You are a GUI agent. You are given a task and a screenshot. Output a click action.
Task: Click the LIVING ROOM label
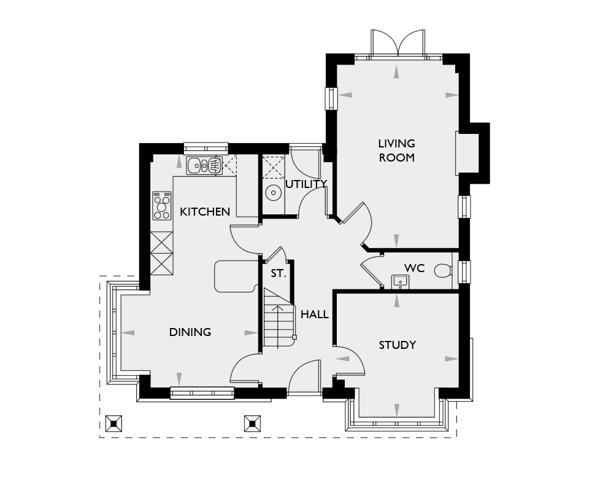pyautogui.click(x=396, y=150)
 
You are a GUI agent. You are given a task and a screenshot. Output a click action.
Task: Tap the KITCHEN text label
pyautogui.click(x=205, y=212)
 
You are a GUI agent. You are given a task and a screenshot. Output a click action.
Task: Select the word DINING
pyautogui.click(x=190, y=332)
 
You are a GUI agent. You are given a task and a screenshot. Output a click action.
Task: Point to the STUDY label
pyautogui.click(x=397, y=345)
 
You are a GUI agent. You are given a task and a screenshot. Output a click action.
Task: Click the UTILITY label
pyautogui.click(x=306, y=184)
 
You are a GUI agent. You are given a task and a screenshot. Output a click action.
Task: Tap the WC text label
pyautogui.click(x=414, y=268)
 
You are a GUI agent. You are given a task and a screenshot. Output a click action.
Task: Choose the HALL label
pyautogui.click(x=315, y=314)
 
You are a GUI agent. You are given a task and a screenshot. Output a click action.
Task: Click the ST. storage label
pyautogui.click(x=279, y=274)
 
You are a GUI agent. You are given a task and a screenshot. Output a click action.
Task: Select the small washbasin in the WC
pyautogui.click(x=400, y=282)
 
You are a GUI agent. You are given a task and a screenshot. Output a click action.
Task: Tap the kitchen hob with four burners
pyautogui.click(x=162, y=206)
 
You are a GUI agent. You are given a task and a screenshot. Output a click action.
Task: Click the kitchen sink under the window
pyautogui.click(x=204, y=165)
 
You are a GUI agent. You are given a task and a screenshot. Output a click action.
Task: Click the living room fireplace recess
pyautogui.click(x=467, y=153)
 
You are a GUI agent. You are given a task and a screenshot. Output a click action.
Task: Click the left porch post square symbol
pyautogui.click(x=113, y=423)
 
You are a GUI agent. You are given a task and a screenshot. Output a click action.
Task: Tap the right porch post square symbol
pyautogui.click(x=252, y=423)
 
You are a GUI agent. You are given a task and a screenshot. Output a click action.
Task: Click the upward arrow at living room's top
pyautogui.click(x=398, y=72)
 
